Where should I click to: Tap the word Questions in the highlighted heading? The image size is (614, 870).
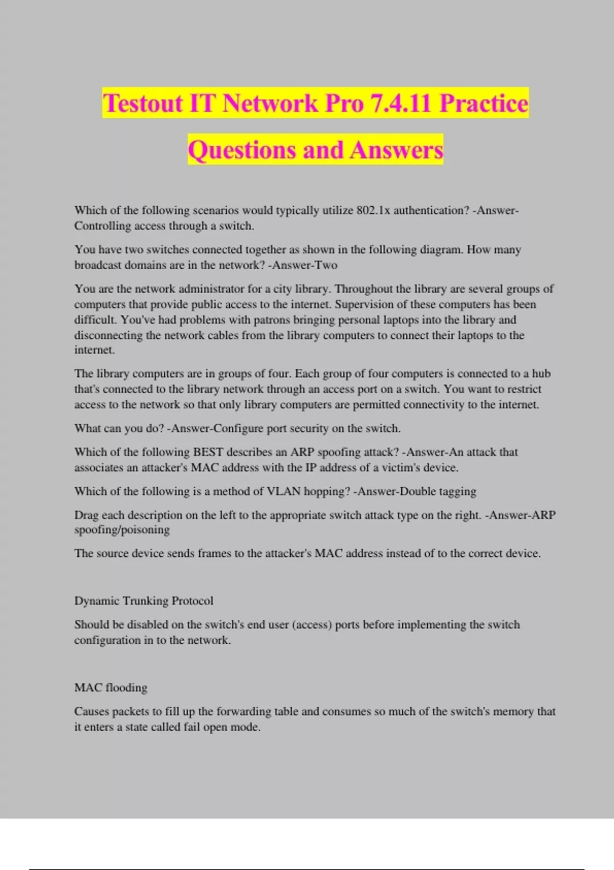pyautogui.click(x=242, y=150)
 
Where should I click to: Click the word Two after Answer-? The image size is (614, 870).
pyautogui.click(x=326, y=265)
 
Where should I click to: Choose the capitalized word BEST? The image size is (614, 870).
pyautogui.click(x=208, y=452)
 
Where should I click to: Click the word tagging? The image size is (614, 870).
pyautogui.click(x=455, y=491)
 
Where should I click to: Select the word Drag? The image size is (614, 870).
pyautogui.click(x=86, y=515)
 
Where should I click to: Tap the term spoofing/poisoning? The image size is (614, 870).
pyautogui.click(x=122, y=530)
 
